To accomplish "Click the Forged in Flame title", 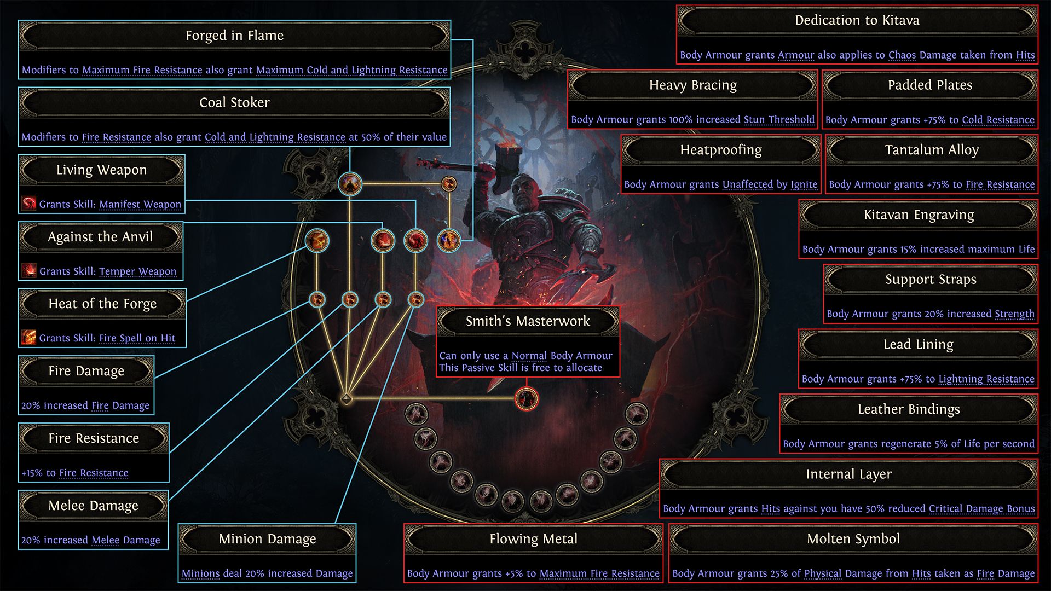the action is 234,36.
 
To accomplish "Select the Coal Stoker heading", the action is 234,102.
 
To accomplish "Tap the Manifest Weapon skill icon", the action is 29,204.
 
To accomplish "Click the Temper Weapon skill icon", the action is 29,270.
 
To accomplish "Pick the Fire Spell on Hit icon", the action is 29,338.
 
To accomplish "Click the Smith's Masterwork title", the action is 528,321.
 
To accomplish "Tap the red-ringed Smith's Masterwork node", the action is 527,398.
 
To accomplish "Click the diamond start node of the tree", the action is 346,398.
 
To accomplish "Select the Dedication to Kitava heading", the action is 857,20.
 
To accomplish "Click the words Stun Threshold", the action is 779,119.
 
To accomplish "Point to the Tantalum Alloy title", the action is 932,150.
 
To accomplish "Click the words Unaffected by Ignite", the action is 770,184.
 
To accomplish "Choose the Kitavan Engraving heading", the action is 919,215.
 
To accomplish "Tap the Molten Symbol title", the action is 853,539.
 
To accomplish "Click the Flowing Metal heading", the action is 533,539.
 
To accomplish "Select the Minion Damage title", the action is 267,539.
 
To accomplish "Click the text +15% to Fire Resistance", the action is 75,473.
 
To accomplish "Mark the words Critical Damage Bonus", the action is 981,508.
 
